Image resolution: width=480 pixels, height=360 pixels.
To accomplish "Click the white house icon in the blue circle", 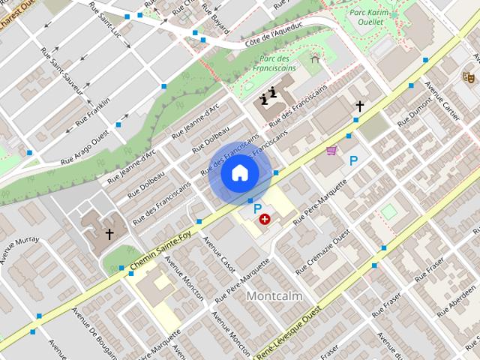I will point(239,173).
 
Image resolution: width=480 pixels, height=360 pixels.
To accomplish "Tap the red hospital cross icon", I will point(265,219).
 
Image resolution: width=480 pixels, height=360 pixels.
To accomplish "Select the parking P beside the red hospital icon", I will point(258,208).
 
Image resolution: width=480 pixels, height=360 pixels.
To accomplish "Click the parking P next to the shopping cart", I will point(353,160).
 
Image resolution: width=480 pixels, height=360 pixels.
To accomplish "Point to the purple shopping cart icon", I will point(331,151).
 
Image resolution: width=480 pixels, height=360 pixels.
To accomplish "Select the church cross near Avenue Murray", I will point(109,235).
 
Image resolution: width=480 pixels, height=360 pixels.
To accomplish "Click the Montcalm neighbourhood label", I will point(274,296).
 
